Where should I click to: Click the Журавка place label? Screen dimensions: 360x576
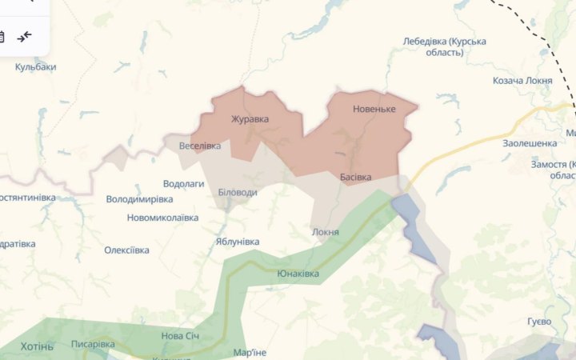250,119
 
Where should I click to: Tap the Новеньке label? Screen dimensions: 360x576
374,108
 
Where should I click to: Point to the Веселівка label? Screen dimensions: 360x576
200,146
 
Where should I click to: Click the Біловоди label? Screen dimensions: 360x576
238,193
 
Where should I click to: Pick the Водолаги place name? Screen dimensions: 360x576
183,183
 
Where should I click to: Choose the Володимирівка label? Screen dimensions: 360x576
139,198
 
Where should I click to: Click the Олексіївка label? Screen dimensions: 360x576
126,250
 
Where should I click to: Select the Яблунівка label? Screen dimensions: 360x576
237,241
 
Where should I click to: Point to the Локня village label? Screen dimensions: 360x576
326,232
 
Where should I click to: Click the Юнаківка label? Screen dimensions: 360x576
298,274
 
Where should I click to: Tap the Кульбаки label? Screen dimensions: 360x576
35,67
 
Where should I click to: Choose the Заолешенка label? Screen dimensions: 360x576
529,143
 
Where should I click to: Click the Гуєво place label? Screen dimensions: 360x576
539,321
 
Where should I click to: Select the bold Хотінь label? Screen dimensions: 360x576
36,346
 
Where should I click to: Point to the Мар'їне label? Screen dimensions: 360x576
249,352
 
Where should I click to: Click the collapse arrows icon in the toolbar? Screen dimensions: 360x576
25,36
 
